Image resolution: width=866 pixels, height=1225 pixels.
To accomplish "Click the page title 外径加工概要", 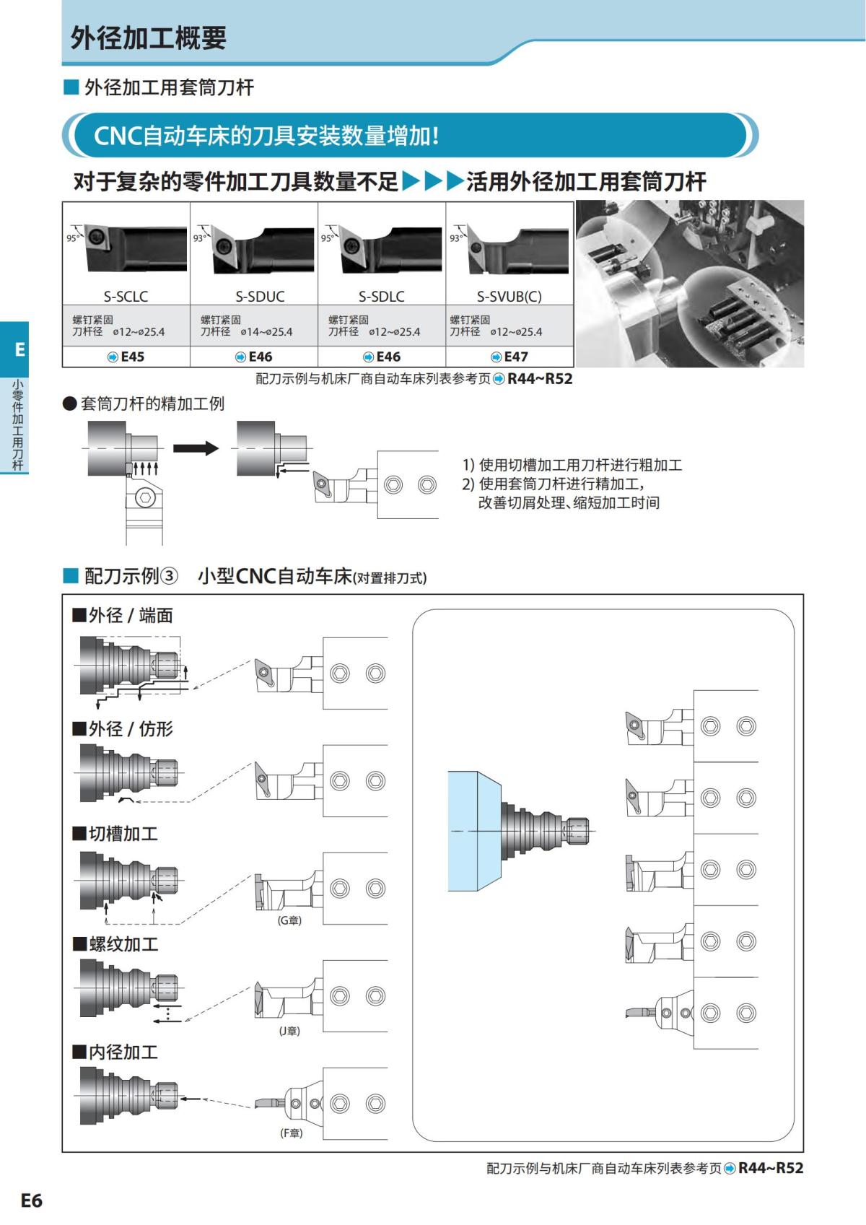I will point(148,38).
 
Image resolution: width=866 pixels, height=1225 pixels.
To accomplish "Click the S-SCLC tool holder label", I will point(126,296).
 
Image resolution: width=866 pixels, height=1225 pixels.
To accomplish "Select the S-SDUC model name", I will point(260,296).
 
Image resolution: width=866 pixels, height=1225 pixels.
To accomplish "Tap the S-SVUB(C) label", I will point(509,296).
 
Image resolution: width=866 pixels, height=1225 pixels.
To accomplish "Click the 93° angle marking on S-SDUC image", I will point(199,237).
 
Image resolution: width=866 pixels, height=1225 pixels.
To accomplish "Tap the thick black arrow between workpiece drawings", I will point(196,448).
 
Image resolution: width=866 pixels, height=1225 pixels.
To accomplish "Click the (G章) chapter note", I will point(289,920).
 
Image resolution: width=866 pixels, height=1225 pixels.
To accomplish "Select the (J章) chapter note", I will point(289,1031).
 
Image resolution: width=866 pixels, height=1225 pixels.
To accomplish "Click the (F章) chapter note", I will point(291,1133).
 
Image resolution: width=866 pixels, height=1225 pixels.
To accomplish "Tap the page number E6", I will point(31,1200).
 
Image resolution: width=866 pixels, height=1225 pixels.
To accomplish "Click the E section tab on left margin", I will point(19,349).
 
